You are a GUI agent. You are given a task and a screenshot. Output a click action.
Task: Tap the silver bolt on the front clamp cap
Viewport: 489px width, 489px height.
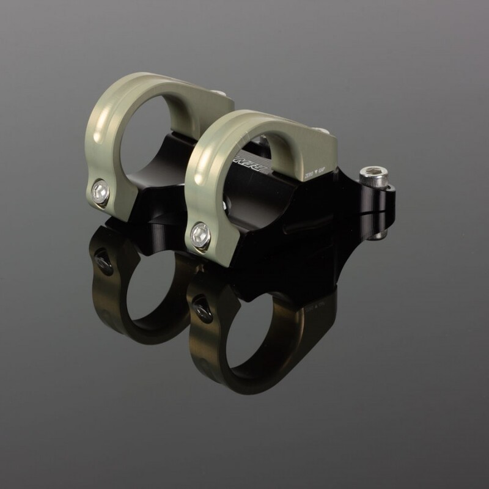[x=200, y=235]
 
